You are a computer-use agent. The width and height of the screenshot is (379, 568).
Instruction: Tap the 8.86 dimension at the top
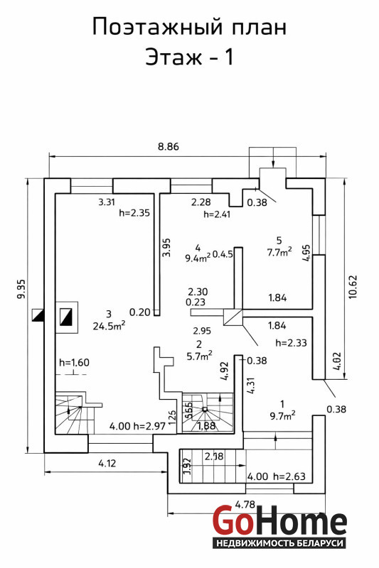169,147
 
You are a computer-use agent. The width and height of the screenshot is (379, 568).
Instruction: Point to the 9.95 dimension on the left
21,289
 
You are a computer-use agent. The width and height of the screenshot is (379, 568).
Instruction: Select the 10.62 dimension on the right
353,287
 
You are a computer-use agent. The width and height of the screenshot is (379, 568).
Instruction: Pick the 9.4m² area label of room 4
198,258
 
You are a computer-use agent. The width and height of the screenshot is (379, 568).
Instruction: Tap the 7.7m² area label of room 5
279,252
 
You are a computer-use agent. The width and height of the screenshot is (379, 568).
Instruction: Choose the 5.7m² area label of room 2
200,356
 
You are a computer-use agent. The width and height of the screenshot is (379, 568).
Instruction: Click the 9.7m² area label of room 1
282,415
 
